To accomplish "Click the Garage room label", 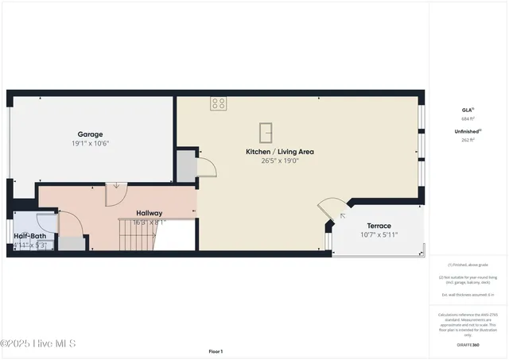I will pos(91,134).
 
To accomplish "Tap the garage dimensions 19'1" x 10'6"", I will pos(91,144).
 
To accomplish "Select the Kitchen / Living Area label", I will pos(280,151).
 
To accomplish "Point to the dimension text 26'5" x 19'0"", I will pos(280,161).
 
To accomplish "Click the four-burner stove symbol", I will pos(218,103).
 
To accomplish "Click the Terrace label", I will pos(379,226).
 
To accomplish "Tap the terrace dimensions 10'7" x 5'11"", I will pos(379,234).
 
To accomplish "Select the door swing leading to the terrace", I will pos(332,209).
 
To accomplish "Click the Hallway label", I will pos(149,213).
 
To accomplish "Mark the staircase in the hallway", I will pos(139,234).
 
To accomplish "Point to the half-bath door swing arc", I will pos(49,224).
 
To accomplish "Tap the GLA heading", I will pos(467,110).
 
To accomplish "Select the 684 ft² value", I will pos(467,118).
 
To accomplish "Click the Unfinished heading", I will pos(466,131).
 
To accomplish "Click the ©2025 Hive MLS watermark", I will pos(38,343).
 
